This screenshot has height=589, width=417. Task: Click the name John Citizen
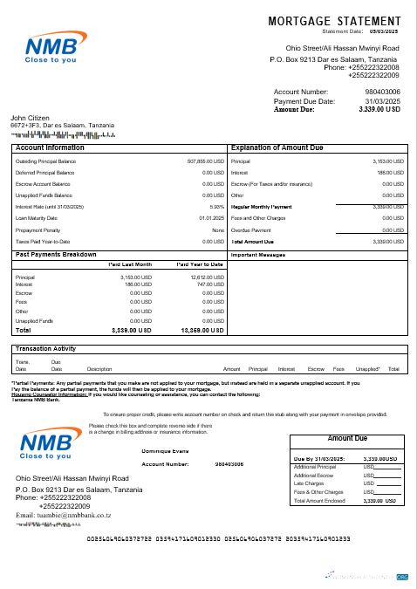pos(30,118)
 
